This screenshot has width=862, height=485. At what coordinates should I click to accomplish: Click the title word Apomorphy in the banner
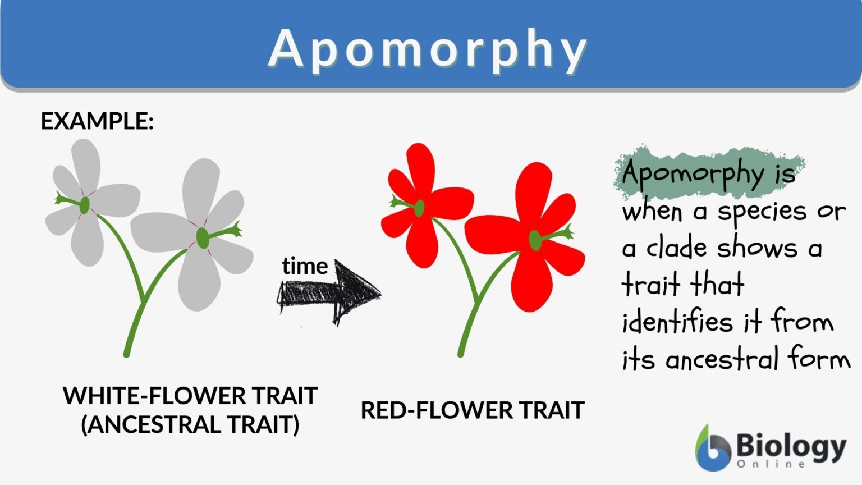click(428, 49)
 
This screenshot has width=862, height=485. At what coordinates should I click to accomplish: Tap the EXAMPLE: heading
click(97, 121)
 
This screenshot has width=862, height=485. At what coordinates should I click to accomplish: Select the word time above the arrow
click(305, 266)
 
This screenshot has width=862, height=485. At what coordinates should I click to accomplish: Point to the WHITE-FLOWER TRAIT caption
click(190, 396)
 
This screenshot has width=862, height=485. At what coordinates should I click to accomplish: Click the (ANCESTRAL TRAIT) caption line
click(190, 424)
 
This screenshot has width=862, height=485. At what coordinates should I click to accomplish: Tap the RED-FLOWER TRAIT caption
click(473, 410)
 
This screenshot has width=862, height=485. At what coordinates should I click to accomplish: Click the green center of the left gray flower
click(84, 205)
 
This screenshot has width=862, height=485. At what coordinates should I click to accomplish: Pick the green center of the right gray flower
click(203, 238)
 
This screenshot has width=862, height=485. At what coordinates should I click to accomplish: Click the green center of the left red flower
click(419, 208)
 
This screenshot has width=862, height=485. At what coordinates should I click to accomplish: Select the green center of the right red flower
click(535, 240)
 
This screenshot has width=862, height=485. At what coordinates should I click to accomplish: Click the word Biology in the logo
click(791, 446)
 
